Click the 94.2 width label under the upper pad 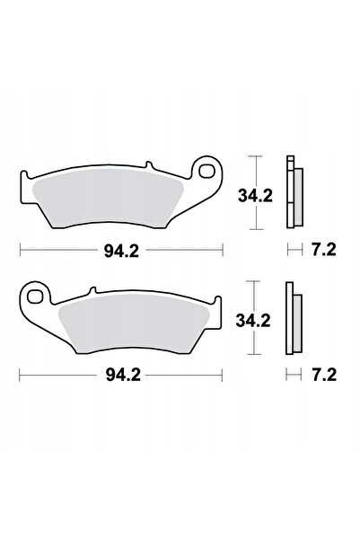(x=121, y=252)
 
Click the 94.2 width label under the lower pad (x=123, y=375)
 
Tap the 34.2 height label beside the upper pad (x=255, y=196)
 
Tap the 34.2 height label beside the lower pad (x=253, y=321)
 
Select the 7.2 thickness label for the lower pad (x=324, y=375)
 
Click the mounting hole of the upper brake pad (x=206, y=171)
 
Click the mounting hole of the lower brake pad (x=34, y=296)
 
